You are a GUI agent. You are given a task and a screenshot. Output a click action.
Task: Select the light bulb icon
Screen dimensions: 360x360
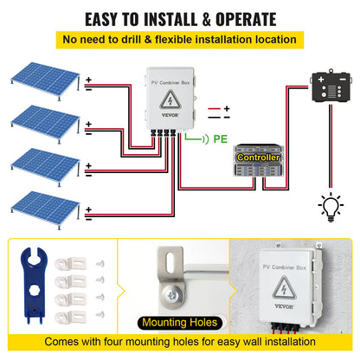(x=330, y=205)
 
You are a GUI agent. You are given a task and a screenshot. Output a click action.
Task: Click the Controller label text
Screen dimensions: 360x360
(x=257, y=157)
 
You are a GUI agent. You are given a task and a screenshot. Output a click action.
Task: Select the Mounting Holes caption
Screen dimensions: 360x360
(x=179, y=324)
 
